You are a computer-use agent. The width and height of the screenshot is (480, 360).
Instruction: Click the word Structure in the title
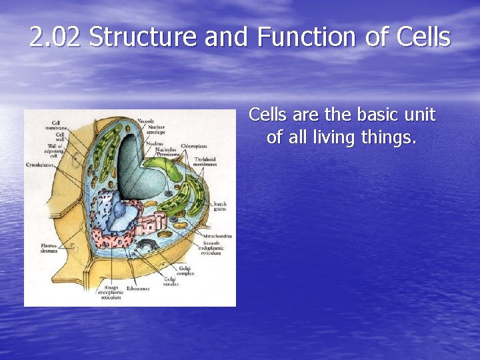click(x=143, y=37)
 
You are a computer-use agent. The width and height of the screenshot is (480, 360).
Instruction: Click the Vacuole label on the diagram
click(x=145, y=121)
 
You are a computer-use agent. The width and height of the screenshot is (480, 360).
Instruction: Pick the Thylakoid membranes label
click(x=208, y=162)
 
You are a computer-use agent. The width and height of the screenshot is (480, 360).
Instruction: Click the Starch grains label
click(x=219, y=206)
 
